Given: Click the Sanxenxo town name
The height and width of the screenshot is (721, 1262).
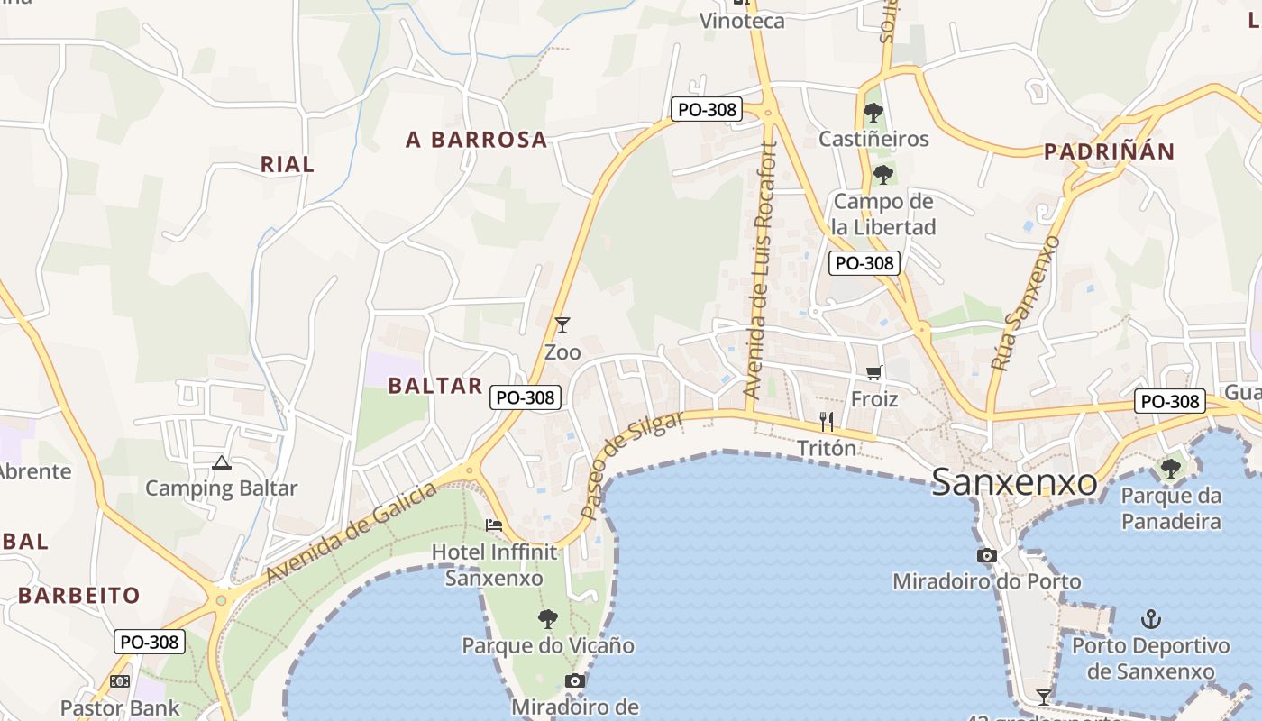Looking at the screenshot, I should point(1014,482).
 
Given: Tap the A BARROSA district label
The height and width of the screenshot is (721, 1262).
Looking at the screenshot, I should point(476,140).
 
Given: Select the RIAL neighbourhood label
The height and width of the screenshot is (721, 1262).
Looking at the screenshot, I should point(288,164).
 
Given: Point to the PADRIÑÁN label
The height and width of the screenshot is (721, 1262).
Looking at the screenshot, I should point(1109,151).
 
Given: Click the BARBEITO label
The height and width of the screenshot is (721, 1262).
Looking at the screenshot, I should point(79,595).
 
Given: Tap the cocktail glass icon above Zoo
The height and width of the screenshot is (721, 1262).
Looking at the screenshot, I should point(562,325).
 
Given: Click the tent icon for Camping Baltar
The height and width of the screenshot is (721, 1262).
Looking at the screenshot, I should point(222,463).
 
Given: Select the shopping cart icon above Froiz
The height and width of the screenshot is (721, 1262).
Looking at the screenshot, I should point(873,372).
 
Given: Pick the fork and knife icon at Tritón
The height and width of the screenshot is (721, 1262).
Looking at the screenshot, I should point(826,421).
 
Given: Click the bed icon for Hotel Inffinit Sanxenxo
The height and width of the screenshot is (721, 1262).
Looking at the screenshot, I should point(494,525).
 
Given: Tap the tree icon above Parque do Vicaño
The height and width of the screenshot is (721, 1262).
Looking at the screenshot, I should point(547,619).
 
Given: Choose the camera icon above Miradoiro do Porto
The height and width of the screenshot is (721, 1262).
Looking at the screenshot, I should point(987,555).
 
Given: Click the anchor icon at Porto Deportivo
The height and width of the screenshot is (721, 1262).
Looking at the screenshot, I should point(1150,619).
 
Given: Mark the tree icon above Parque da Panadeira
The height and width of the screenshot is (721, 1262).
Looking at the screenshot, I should point(1171,469).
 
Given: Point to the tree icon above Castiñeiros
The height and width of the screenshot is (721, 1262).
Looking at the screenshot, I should point(873,113).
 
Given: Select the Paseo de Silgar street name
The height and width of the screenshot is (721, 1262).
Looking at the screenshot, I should point(631,465).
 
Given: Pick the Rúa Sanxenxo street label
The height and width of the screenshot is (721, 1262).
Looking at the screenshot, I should point(1025,303).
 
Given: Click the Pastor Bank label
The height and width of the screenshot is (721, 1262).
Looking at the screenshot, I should point(120,708).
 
